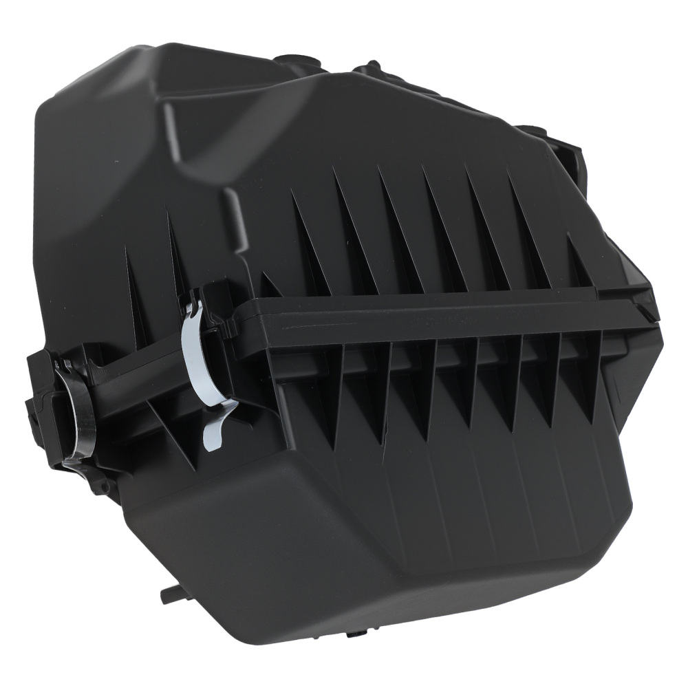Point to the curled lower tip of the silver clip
pos(214,438)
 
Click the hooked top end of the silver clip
pos(193,303)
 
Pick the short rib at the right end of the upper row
pos(578,261)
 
